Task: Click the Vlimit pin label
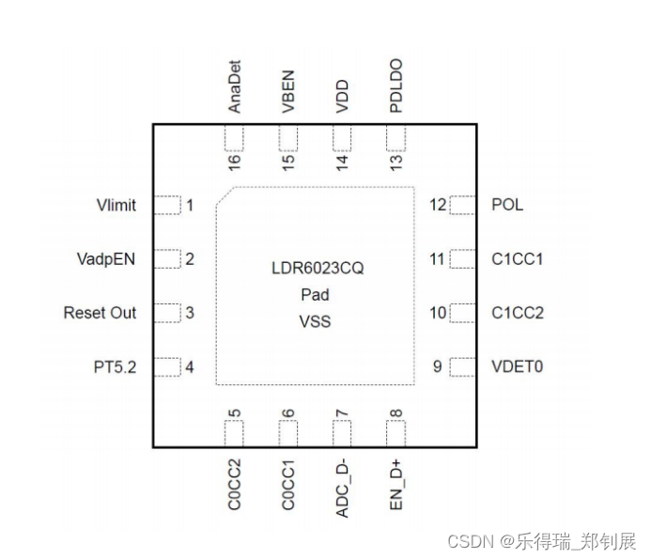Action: tap(116, 205)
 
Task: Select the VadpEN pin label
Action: tap(105, 258)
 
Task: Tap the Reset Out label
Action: tap(100, 313)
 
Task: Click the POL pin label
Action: tap(507, 205)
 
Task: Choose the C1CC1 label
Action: tap(518, 258)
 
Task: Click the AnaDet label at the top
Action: tap(235, 88)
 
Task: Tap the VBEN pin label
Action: tap(288, 93)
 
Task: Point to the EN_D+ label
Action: tap(396, 484)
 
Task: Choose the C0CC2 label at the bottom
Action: tap(235, 484)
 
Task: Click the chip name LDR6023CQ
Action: tap(316, 269)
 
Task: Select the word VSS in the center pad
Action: tap(316, 321)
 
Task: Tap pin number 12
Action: tap(438, 205)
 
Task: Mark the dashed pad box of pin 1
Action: tap(166, 205)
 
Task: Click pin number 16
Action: tap(235, 160)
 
